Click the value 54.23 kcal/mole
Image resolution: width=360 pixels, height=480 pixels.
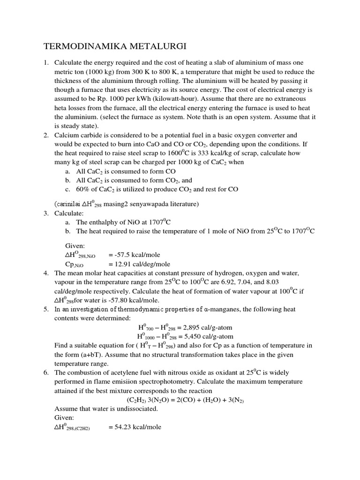pyautogui.click(x=135, y=427)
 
